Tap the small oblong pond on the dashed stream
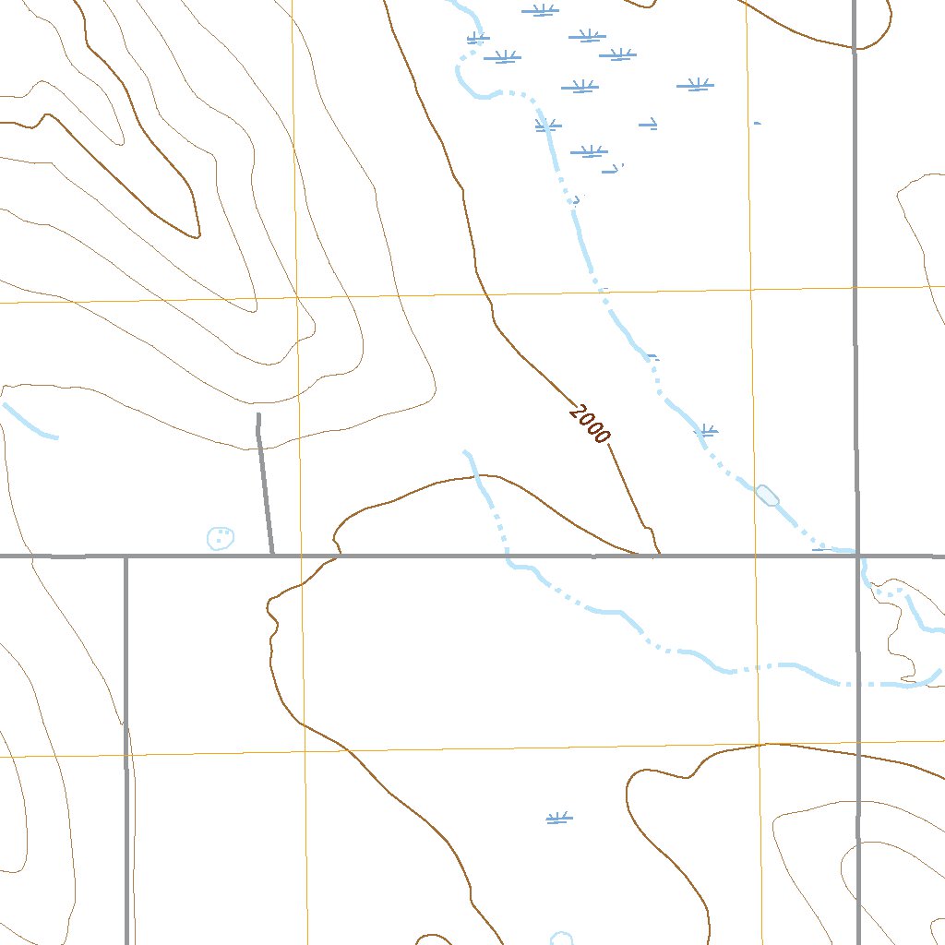click(x=767, y=496)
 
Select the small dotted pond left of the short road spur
click(x=221, y=537)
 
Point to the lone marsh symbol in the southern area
click(x=559, y=818)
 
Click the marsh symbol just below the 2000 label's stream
click(x=706, y=430)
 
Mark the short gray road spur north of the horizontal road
click(x=264, y=484)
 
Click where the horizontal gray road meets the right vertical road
click(x=856, y=556)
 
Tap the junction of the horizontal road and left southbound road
click(x=126, y=556)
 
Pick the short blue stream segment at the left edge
click(x=30, y=421)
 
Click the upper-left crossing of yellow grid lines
click(x=296, y=298)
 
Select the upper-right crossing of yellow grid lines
click(x=750, y=290)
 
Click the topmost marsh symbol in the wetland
click(x=540, y=11)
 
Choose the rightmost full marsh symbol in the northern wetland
click(x=695, y=86)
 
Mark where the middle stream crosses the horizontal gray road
click(x=507, y=556)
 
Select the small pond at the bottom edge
click(x=561, y=939)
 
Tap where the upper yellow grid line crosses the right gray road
click(x=855, y=288)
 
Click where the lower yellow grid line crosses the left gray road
click(x=126, y=754)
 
